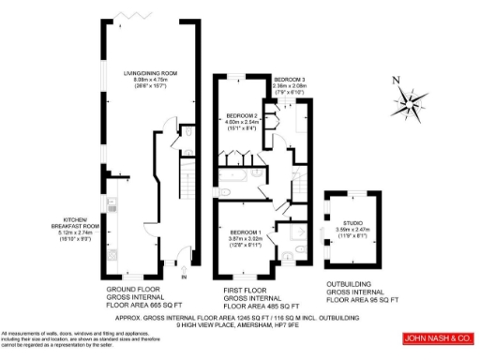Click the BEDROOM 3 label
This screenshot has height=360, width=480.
(289, 79)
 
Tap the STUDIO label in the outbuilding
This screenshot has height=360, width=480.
(352, 222)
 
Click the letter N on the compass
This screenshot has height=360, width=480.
(396, 80)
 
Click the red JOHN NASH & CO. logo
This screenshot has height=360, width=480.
(438, 337)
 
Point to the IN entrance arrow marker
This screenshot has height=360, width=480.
(184, 276)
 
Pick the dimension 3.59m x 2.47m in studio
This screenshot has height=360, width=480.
(353, 229)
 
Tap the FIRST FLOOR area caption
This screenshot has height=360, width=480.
(262, 299)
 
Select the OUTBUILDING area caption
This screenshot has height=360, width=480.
(362, 291)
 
